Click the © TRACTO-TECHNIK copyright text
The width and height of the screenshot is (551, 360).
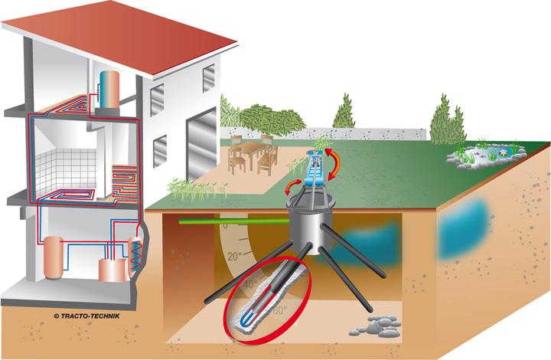pos(86,316)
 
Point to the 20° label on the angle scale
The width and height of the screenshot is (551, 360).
pos(235,257)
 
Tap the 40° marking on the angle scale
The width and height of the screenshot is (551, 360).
pos(250,284)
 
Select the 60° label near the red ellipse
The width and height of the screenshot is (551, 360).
pos(280,310)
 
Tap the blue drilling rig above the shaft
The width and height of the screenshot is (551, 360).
pos(315,169)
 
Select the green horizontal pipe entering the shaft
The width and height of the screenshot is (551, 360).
pos(234,221)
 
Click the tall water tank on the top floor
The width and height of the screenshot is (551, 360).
pos(109,90)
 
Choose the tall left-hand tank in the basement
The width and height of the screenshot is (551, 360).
pos(53,257)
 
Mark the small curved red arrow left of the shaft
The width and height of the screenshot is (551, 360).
pos(292,187)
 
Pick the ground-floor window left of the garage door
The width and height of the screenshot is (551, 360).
pos(160,151)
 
